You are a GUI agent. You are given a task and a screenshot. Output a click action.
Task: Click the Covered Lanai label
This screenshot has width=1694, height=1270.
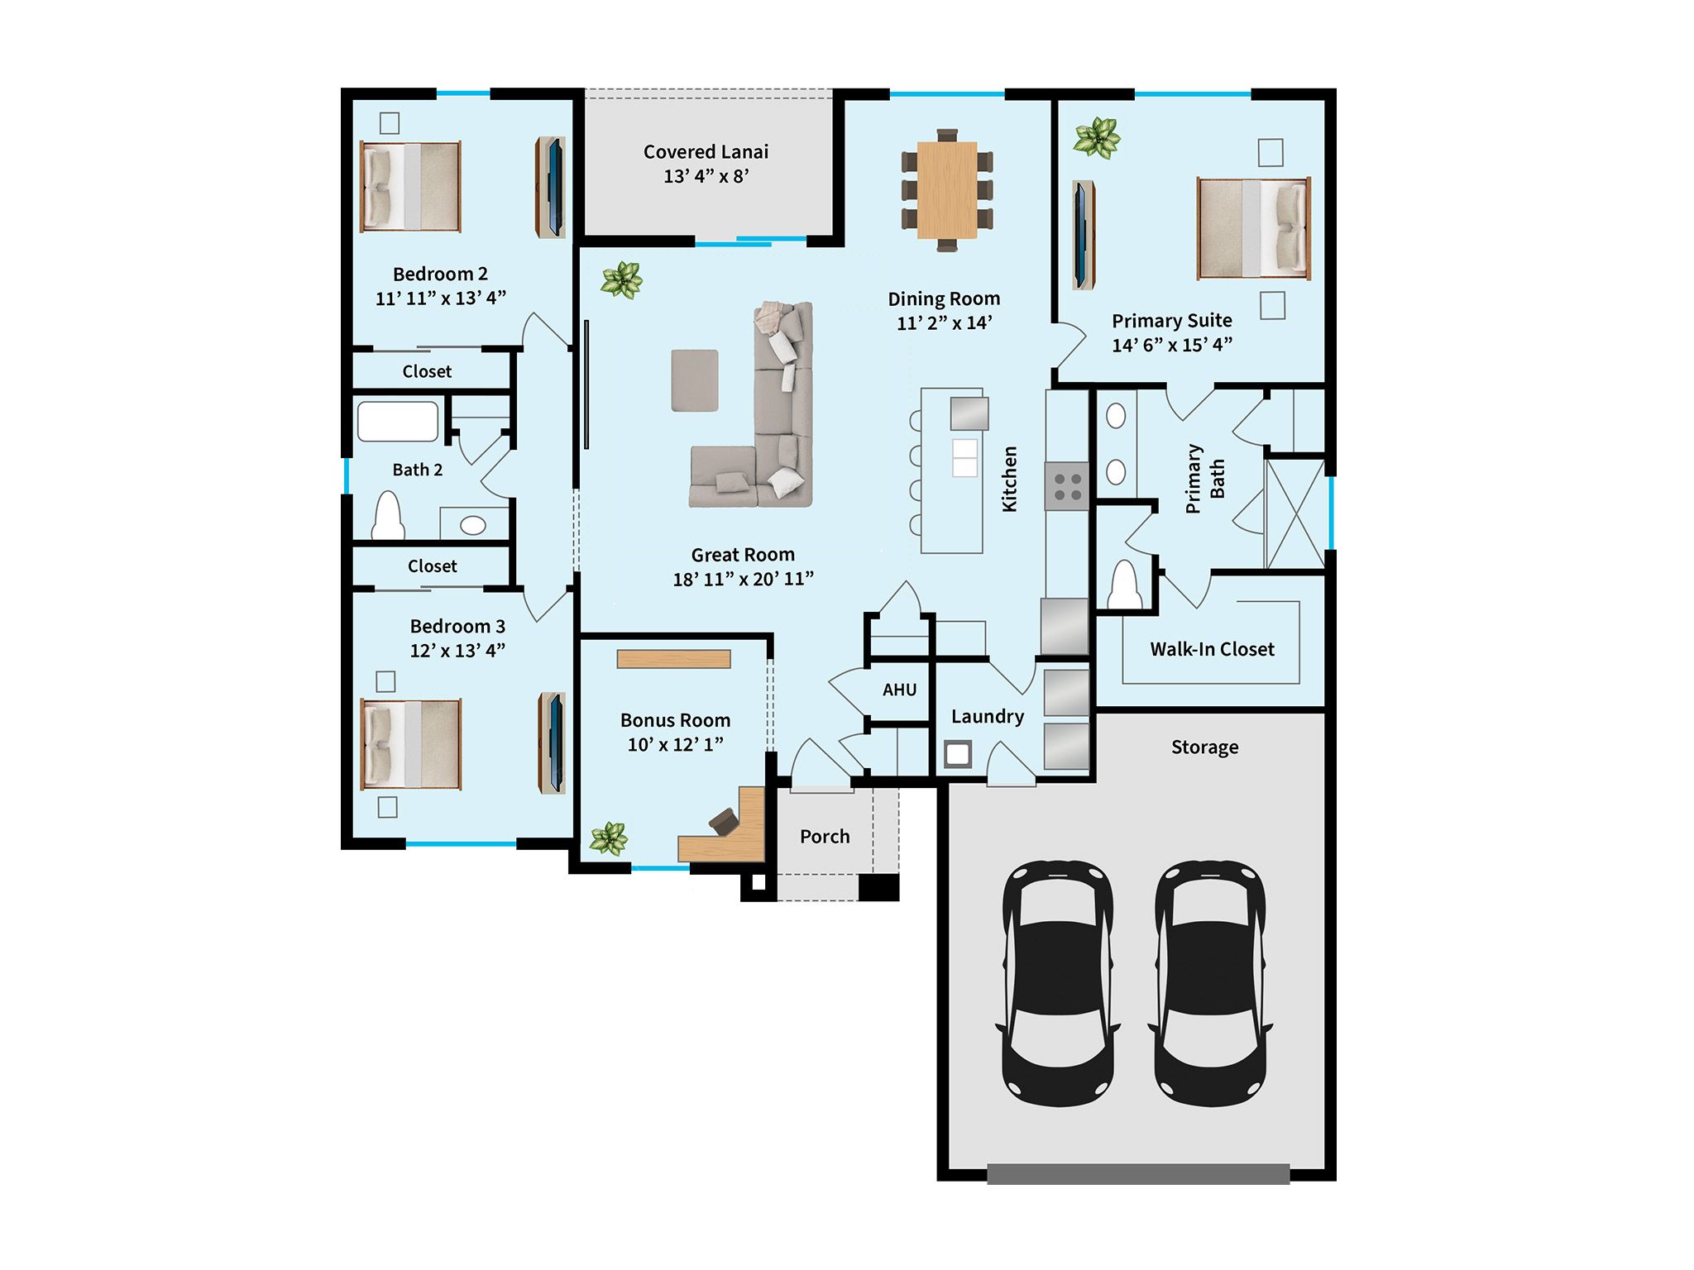[x=706, y=152]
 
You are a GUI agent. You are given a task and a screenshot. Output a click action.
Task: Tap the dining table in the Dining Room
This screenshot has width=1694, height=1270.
[x=946, y=189]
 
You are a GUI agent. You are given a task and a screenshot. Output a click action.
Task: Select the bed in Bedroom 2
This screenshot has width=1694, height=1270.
[x=410, y=187]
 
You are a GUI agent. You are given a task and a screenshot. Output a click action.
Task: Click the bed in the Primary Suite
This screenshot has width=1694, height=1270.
[x=1253, y=228]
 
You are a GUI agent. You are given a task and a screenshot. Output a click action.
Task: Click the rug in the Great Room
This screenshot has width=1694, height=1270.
[x=694, y=380]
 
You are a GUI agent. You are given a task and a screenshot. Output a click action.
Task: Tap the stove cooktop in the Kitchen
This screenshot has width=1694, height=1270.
[x=1066, y=486]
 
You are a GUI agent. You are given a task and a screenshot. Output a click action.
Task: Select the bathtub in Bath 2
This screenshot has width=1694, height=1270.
[x=398, y=422]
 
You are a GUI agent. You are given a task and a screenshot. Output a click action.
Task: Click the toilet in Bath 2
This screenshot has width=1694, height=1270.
[x=388, y=517]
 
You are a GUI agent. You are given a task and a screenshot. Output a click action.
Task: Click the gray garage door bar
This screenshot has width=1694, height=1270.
[x=1137, y=1173]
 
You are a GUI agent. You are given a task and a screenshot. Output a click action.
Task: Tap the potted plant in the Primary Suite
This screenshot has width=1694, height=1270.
[x=1096, y=136]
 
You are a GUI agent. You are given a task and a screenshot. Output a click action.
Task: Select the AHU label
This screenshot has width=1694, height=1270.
[x=899, y=690]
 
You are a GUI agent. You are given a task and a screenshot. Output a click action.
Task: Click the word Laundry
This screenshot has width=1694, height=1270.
[x=987, y=716]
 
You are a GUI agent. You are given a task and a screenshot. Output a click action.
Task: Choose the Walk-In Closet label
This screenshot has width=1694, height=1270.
[x=1211, y=649]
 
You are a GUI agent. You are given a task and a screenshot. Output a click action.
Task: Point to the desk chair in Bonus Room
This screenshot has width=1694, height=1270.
[x=724, y=821]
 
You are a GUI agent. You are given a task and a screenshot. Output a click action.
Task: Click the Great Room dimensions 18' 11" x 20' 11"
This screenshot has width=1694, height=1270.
[x=743, y=579]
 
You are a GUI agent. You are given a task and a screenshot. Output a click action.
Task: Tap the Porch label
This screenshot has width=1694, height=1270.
[x=825, y=836]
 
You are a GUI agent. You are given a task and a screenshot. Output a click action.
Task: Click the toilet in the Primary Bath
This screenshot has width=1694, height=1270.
[x=1125, y=585]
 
